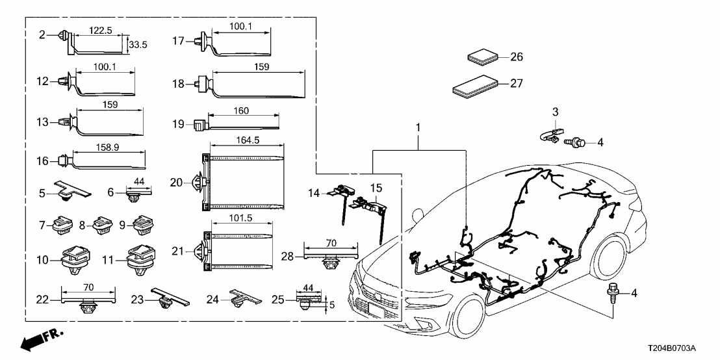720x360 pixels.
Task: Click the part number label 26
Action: pyautogui.click(x=516, y=57)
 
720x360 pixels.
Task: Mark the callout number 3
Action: pyautogui.click(x=555, y=112)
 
